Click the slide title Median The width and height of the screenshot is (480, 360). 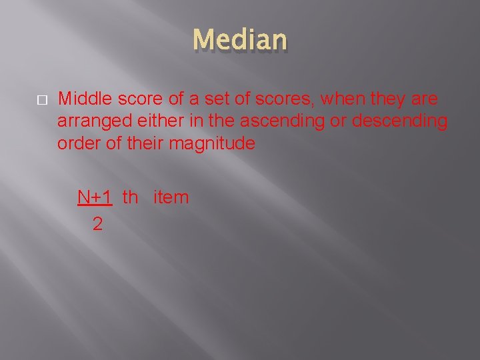tap(240, 40)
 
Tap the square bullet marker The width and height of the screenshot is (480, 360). tap(41, 100)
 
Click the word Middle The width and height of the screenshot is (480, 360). tap(85, 99)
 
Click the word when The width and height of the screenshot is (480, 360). tap(342, 99)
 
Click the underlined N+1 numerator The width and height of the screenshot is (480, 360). tap(95, 197)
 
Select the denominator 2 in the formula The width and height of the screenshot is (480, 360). tap(97, 225)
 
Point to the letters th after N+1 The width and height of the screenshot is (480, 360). tap(131, 197)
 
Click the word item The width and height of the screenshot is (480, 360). tap(171, 197)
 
